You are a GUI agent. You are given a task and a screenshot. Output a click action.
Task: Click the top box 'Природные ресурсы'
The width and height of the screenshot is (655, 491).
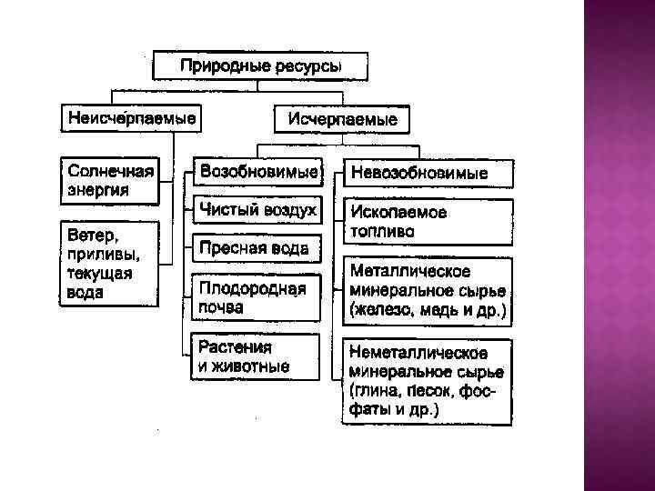(x=261, y=65)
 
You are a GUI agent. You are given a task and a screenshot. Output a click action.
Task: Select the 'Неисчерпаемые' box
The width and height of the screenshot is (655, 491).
(x=131, y=119)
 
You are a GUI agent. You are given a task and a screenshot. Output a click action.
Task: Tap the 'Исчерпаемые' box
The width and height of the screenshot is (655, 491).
(x=342, y=120)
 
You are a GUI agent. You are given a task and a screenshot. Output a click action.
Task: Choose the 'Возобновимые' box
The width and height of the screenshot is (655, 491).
(x=257, y=172)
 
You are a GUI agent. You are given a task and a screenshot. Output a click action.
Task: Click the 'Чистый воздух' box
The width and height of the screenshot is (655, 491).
(x=257, y=211)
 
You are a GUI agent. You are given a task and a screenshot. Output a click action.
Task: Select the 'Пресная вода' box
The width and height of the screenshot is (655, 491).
(x=255, y=248)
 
